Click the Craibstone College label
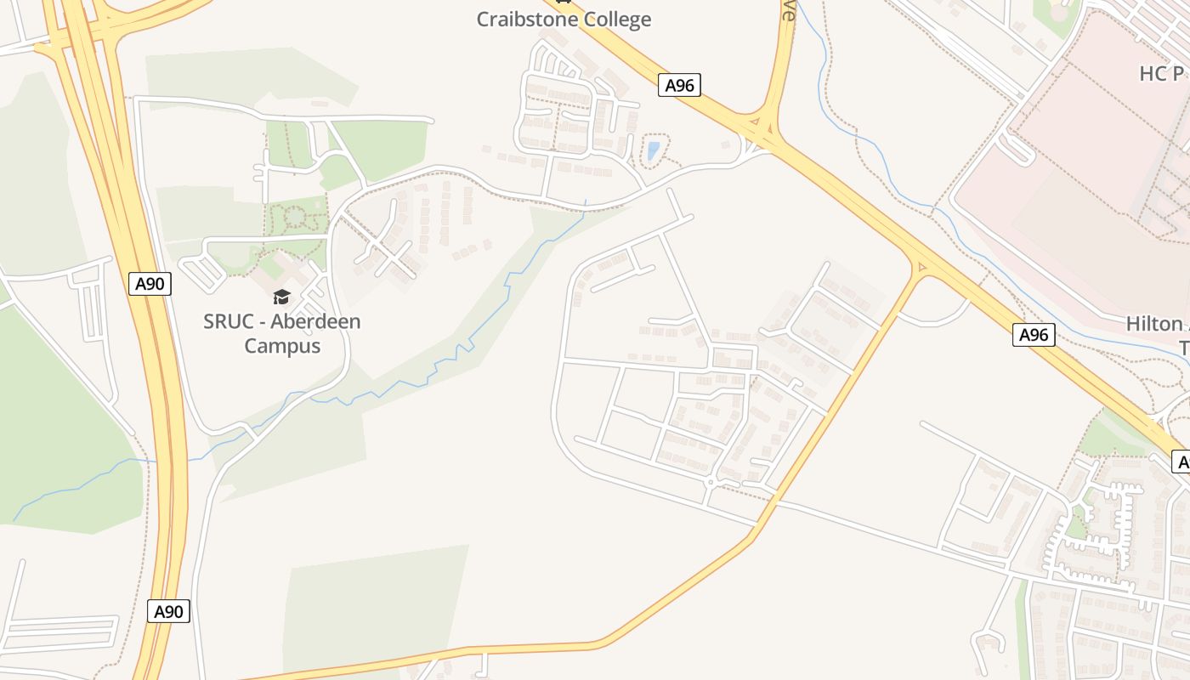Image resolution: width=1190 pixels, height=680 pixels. tap(564, 19)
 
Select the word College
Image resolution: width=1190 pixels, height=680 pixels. tap(619, 20)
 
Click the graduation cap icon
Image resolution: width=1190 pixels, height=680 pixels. tap(281, 297)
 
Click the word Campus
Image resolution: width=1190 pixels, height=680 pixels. tap(282, 346)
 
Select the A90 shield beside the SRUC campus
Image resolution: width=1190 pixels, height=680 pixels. tap(151, 283)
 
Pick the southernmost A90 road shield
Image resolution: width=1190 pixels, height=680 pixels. tap(167, 610)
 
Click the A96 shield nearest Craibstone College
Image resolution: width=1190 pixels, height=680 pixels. tap(679, 85)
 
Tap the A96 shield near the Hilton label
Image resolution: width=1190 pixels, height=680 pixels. tap(1034, 335)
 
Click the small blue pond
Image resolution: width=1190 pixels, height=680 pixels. tap(653, 151)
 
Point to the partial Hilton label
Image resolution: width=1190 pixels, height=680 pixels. tap(1154, 324)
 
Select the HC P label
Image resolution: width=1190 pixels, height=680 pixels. tap(1162, 74)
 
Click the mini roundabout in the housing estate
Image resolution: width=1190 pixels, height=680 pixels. tap(711, 482)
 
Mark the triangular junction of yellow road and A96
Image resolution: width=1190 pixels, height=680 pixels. tap(921, 267)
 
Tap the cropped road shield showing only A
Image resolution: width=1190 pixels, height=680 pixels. tap(1181, 462)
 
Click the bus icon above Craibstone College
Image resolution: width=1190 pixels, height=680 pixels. tap(560, 2)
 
